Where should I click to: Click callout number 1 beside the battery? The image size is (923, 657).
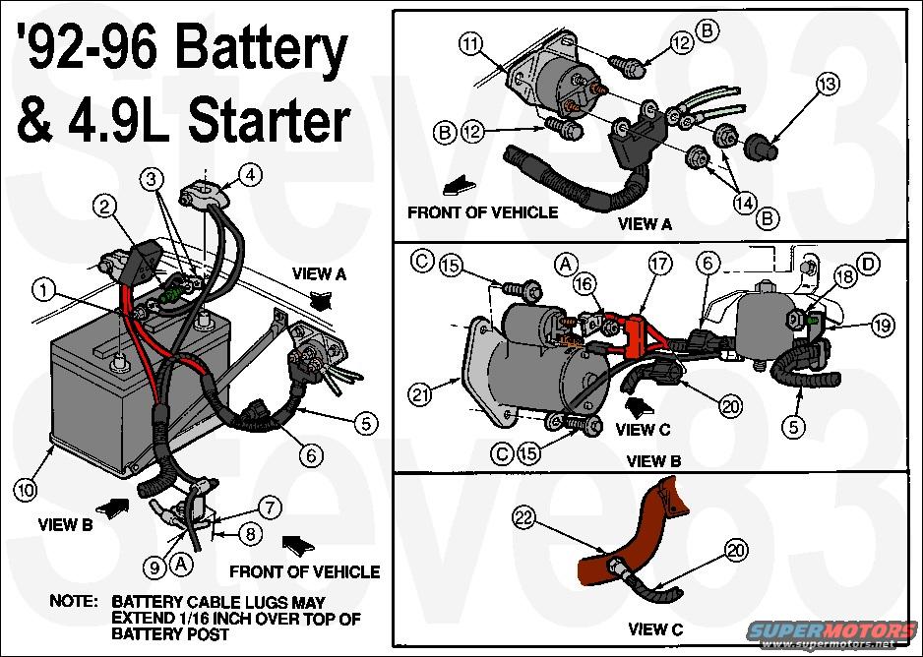[x=41, y=289]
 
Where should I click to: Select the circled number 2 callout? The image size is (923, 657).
[x=104, y=206]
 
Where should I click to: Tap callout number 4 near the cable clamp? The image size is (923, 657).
[x=252, y=176]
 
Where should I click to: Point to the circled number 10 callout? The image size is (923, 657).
[x=27, y=488]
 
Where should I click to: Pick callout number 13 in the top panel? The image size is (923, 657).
[x=829, y=86]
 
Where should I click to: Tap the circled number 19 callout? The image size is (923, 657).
[x=881, y=322]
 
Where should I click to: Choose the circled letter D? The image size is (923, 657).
[x=869, y=263]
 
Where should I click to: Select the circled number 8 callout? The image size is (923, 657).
[x=252, y=535]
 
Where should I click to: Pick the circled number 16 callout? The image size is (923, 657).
[x=585, y=284]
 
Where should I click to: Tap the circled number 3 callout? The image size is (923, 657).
[x=151, y=178]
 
